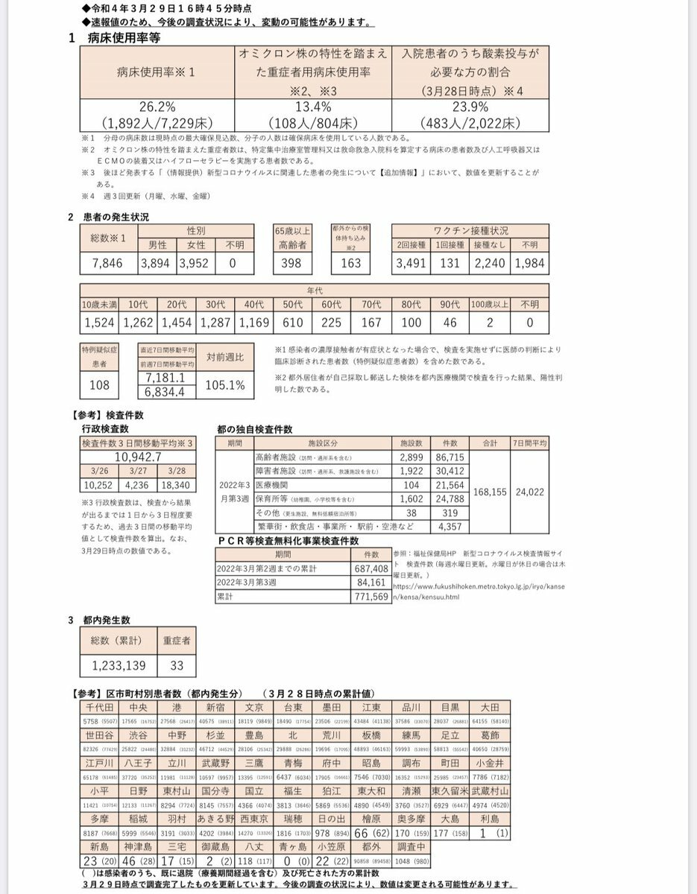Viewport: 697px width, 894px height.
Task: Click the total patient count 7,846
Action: pyautogui.click(x=110, y=263)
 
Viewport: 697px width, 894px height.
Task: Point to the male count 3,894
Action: pyautogui.click(x=156, y=263)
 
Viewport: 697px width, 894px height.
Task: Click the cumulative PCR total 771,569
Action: pyautogui.click(x=370, y=597)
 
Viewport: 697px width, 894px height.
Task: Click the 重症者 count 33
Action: pyautogui.click(x=177, y=665)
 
